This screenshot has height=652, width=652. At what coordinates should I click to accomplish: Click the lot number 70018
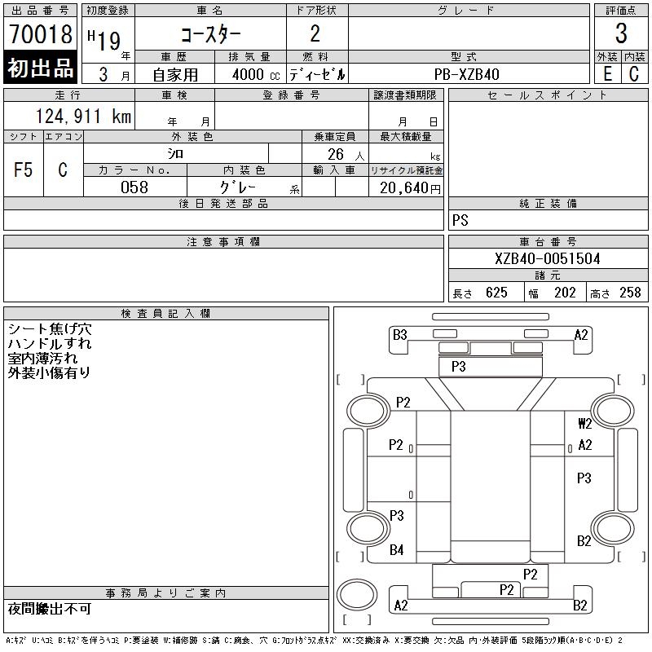tap(41, 33)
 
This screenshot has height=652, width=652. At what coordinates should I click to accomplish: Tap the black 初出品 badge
tap(40, 68)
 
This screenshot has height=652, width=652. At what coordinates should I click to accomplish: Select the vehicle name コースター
tap(210, 34)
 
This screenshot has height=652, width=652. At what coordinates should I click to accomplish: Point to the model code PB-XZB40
tap(466, 74)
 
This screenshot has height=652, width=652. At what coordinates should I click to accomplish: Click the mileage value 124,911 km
tap(83, 116)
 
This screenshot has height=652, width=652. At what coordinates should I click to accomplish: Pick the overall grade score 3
tap(621, 33)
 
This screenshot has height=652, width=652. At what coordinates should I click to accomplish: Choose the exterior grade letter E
tap(607, 74)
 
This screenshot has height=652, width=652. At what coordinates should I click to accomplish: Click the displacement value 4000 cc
tap(256, 75)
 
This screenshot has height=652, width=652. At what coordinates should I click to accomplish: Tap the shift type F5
tap(23, 170)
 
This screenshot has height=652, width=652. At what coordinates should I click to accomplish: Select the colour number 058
tap(134, 187)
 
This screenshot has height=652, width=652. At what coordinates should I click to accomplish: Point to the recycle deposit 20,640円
tap(410, 188)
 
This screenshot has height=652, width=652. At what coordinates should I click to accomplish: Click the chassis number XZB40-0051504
tap(547, 258)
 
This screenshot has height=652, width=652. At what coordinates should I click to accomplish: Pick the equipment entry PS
tap(460, 220)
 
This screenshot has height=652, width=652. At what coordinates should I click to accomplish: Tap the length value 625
tap(496, 293)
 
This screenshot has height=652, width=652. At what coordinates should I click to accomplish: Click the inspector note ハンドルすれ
tap(50, 343)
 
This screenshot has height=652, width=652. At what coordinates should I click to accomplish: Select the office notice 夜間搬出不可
tap(50, 609)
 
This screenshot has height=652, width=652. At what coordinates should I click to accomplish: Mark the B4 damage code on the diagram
tap(396, 550)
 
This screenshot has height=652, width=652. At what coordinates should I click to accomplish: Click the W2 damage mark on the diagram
tap(585, 424)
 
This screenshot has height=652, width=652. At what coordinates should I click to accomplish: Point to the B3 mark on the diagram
tap(399, 335)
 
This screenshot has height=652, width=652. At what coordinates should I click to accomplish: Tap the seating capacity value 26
tap(336, 154)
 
